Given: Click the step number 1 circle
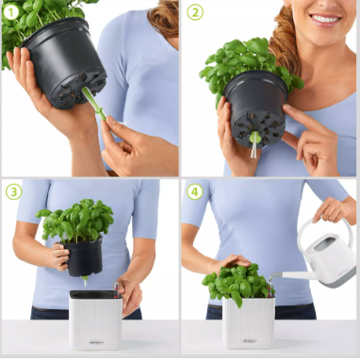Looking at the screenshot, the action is click(11, 12).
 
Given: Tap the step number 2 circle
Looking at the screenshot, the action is click(195, 12).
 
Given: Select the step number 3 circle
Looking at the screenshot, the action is click(13, 191).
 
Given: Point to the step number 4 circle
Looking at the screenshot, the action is click(194, 191).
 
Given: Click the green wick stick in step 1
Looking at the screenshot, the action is click(94, 104).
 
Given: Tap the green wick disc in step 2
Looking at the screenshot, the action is click(254, 138).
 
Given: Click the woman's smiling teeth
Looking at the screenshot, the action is click(325, 19).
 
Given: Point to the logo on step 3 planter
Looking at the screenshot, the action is click(96, 342).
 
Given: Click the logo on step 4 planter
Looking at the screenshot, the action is click(249, 340).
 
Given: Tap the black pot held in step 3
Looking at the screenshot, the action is click(84, 257).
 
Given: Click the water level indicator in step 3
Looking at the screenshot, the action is click(116, 289).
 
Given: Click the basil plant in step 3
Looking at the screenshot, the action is click(76, 221).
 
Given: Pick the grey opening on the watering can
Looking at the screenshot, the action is click(325, 243).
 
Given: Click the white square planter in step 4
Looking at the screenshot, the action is click(249, 322).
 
